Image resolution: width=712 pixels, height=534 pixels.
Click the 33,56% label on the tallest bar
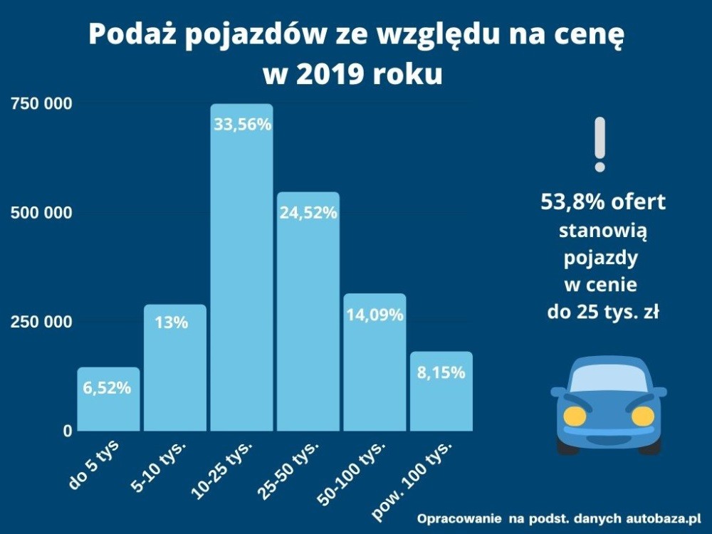point(242,125)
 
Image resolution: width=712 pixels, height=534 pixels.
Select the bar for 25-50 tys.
point(308,313)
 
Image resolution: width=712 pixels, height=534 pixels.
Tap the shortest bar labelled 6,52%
point(108,399)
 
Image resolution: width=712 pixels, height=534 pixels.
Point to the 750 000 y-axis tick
point(41,104)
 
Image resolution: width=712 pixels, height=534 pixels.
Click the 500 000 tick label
point(41,213)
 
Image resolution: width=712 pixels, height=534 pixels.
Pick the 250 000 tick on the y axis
point(41,322)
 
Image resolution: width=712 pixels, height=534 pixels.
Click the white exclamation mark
point(600,144)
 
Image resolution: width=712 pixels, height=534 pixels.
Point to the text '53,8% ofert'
point(603,202)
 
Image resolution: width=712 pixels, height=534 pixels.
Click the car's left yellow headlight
point(575,416)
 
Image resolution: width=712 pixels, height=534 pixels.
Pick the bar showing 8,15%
point(441,392)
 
